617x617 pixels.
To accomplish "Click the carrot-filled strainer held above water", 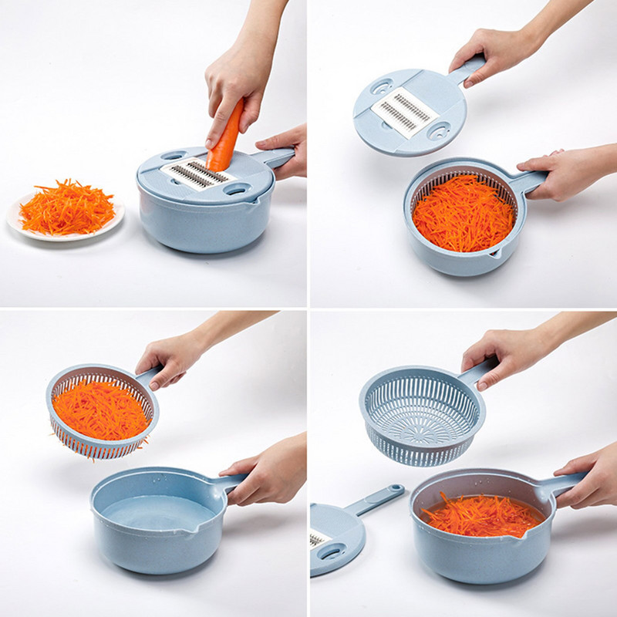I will tap(100, 409).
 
